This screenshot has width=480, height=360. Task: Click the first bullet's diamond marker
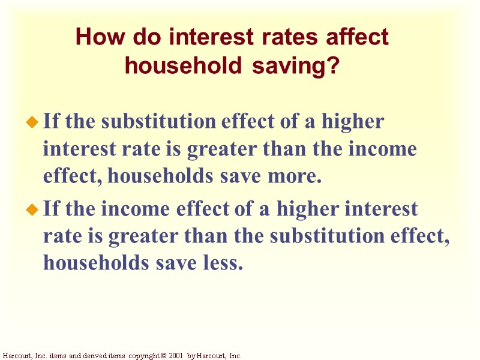point(32,123)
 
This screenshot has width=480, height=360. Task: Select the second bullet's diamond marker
point(32,211)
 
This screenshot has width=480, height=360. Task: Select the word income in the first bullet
point(385,149)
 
